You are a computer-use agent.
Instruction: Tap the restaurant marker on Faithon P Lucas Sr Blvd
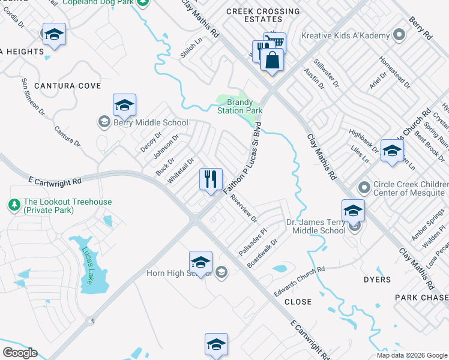point(211,179)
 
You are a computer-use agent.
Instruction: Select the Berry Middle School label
point(149,122)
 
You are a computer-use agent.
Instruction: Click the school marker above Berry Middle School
point(124,106)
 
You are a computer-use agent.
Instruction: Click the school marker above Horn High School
point(200,263)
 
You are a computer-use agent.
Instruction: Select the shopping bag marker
point(273,61)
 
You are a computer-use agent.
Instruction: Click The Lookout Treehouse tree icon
point(14,205)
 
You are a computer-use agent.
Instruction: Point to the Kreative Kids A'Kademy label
point(346,36)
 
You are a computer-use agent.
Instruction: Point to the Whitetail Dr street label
point(181,170)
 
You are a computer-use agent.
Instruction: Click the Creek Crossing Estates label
point(263,16)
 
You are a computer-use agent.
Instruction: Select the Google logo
point(20,353)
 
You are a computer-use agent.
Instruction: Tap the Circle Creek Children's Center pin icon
point(363,188)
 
